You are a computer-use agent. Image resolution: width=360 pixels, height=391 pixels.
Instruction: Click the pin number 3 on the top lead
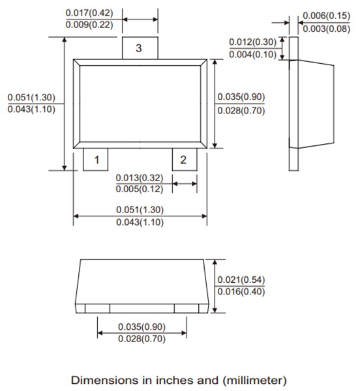(x=138, y=49)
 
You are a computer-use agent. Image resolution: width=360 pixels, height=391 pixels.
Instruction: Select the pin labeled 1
(x=97, y=160)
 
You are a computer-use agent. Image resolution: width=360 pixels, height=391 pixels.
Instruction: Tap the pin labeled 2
(x=183, y=160)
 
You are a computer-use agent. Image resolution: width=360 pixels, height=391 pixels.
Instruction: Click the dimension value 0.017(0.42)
(x=89, y=13)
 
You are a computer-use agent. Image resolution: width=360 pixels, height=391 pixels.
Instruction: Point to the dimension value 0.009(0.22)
(x=89, y=25)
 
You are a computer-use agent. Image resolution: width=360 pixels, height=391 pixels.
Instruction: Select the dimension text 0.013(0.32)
(x=140, y=178)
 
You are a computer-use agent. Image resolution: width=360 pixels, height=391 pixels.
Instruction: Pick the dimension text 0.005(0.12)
(x=140, y=189)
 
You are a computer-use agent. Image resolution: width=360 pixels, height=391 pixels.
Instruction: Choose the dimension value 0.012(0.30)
(x=252, y=42)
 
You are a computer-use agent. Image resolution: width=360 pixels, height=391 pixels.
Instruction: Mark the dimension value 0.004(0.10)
(x=252, y=54)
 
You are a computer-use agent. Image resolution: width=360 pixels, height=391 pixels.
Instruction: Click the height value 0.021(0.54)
(x=241, y=280)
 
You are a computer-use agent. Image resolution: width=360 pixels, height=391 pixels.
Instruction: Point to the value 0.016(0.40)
(x=241, y=291)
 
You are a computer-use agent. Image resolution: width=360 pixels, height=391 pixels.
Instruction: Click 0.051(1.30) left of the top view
(x=31, y=98)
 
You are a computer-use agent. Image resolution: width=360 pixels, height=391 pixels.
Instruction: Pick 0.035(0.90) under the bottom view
(x=142, y=326)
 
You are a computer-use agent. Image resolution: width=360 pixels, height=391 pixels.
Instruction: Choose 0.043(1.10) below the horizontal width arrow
(x=140, y=222)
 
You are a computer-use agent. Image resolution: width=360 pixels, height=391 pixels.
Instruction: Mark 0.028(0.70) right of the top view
(x=241, y=109)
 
